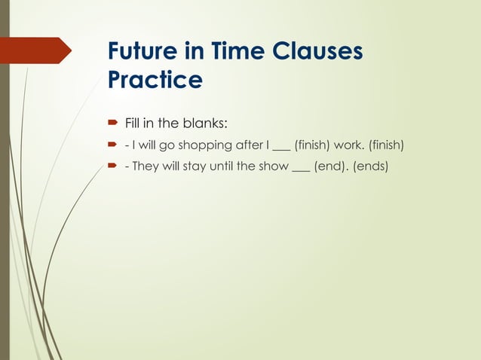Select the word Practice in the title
pyautogui.click(x=155, y=79)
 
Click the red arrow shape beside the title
pyautogui.click(x=38, y=50)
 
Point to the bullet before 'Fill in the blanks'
pyautogui.click(x=111, y=117)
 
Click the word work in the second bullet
pyautogui.click(x=352, y=142)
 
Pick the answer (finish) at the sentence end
pyautogui.click(x=387, y=142)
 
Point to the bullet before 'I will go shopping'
pyautogui.click(x=111, y=142)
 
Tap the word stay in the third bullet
pyautogui.click(x=192, y=166)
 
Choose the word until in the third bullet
pyautogui.click(x=221, y=166)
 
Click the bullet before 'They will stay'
pyautogui.click(x=111, y=166)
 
